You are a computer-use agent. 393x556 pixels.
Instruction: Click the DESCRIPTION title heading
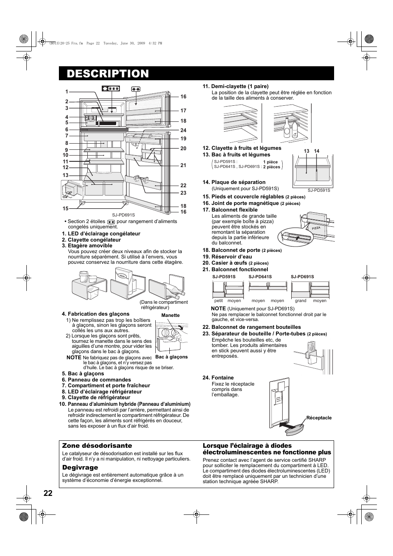(x=108, y=73)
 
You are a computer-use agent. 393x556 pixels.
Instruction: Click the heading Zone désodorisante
(x=97, y=446)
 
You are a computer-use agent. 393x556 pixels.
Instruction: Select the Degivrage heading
(x=80, y=468)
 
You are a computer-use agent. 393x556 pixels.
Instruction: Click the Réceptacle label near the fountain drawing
(x=318, y=418)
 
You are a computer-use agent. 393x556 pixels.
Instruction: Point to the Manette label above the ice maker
(x=170, y=315)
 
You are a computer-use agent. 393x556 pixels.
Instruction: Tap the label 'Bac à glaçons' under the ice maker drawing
(x=171, y=357)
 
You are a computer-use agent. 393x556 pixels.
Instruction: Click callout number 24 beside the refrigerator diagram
(x=183, y=130)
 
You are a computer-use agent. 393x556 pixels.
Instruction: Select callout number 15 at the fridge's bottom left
(x=65, y=209)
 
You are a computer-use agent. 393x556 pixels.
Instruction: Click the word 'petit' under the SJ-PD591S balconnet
(x=218, y=300)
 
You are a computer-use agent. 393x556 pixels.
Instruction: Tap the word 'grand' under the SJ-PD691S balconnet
(x=300, y=300)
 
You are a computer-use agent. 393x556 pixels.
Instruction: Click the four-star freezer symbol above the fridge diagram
(x=111, y=88)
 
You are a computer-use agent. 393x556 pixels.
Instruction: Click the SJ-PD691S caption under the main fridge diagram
(x=123, y=215)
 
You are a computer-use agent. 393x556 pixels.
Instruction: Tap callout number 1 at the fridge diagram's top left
(x=66, y=92)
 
